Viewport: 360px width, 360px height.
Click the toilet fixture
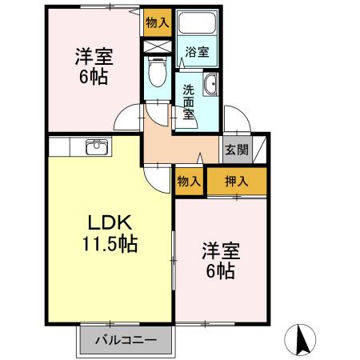click(158, 71)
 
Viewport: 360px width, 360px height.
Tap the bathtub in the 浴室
click(197, 22)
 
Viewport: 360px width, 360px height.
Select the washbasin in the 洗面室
click(210, 84)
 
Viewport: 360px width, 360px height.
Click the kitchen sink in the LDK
click(97, 147)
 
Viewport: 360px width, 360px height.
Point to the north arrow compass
click(300, 340)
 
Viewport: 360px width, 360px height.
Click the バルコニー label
click(126, 340)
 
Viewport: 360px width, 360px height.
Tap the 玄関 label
click(237, 150)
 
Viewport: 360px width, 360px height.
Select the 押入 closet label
click(237, 182)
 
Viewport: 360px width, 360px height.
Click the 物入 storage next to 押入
click(189, 182)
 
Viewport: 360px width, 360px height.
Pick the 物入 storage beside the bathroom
click(158, 22)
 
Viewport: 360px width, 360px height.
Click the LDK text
click(110, 222)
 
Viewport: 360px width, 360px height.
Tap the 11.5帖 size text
click(110, 244)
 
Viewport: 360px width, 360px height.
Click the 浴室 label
click(197, 52)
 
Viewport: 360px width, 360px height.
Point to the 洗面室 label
click(189, 102)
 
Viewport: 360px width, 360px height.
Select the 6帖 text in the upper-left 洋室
click(94, 77)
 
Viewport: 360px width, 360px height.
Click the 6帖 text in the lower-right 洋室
click(221, 271)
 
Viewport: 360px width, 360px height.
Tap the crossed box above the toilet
click(158, 46)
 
